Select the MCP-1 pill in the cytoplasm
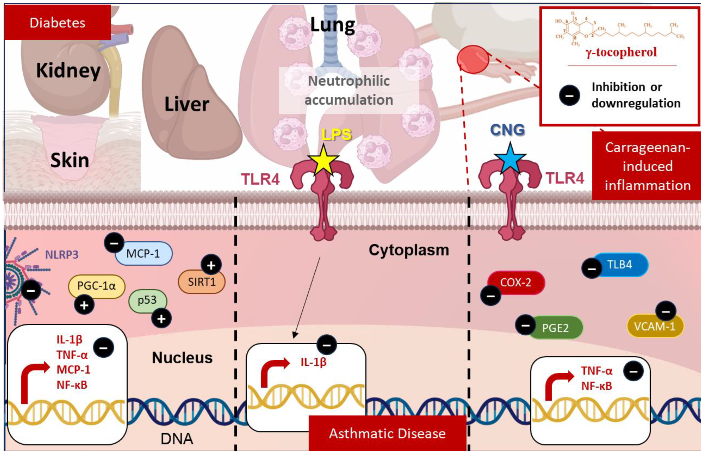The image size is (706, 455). pyautogui.click(x=143, y=253)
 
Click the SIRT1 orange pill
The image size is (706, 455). pyautogui.click(x=202, y=281)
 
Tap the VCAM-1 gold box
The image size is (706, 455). pyautogui.click(x=655, y=326)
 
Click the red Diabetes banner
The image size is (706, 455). pyautogui.click(x=57, y=22)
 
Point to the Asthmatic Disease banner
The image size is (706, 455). pyautogui.click(x=387, y=434)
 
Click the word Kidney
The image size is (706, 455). pyautogui.click(x=68, y=71)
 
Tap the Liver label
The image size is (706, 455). pyautogui.click(x=187, y=104)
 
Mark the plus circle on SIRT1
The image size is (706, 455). pyautogui.click(x=211, y=265)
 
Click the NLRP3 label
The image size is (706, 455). pyautogui.click(x=62, y=254)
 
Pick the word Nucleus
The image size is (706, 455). pyautogui.click(x=182, y=358)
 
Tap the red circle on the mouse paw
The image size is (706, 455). pyautogui.click(x=473, y=59)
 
